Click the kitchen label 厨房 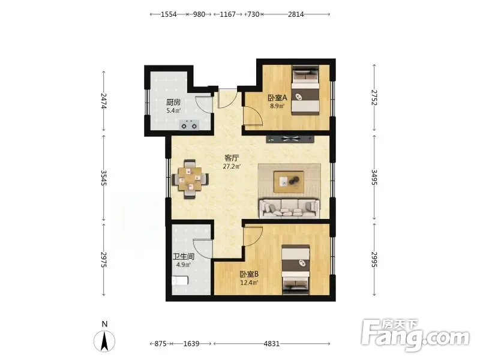coord(173,102)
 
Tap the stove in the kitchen coord(189,125)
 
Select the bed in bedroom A coord(305,90)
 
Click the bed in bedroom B coord(296,269)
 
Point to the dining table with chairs coord(190,179)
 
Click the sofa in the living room coord(289,208)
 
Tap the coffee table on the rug coord(289,182)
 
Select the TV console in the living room coord(290,139)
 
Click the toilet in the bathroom coord(179,280)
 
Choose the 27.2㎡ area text coord(232,167)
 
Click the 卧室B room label coord(249,274)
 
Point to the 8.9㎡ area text coord(277,106)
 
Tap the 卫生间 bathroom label coord(184,257)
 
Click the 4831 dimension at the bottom coord(272,343)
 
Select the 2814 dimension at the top coord(296,14)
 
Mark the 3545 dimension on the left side coord(104,178)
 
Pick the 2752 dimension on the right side coord(374,98)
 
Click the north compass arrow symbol coord(104,341)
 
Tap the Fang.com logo coord(415,335)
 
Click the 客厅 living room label coord(232,158)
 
